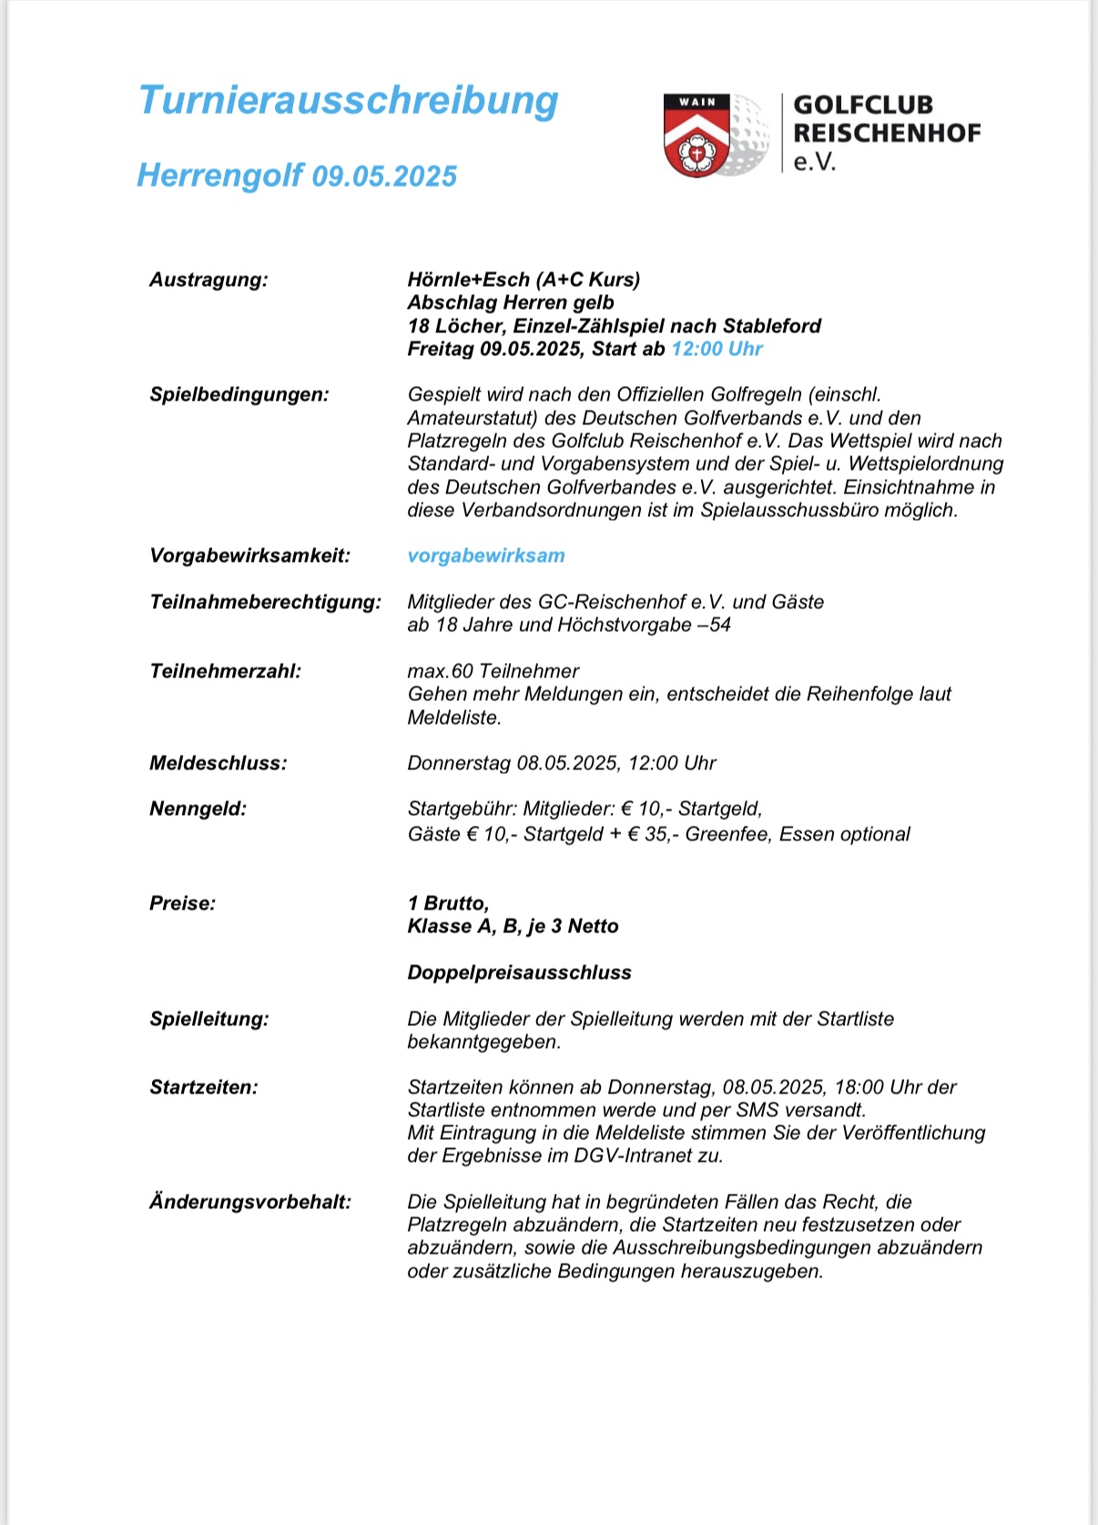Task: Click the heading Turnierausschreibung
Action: tap(348, 100)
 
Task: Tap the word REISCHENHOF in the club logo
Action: tap(887, 133)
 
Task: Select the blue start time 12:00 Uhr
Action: tap(717, 349)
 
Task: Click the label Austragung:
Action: tap(208, 280)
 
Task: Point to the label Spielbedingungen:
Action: tap(239, 394)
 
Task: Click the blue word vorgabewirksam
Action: tap(486, 555)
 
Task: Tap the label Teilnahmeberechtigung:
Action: tap(265, 602)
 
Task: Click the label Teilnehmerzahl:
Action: tap(225, 671)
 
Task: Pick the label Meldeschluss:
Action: tap(218, 763)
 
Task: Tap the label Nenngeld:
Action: tap(198, 808)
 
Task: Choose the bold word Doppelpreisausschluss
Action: tap(519, 972)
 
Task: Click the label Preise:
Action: tap(182, 903)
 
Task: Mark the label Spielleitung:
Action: tap(208, 1019)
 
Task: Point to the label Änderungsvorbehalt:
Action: tap(249, 1202)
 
